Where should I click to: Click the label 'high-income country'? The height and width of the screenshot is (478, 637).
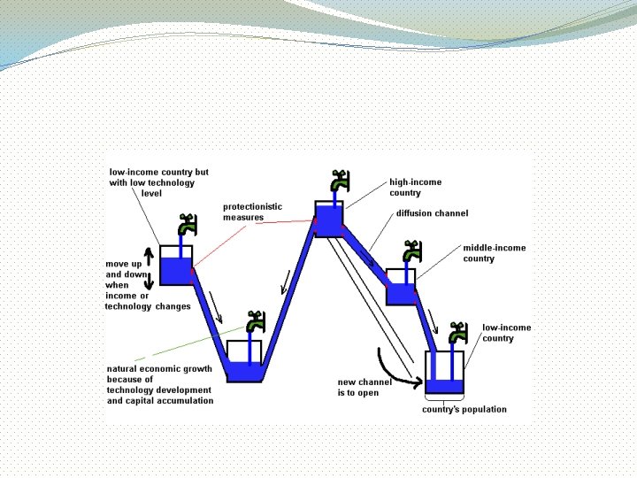click(x=415, y=187)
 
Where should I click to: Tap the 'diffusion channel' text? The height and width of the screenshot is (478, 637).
click(x=432, y=213)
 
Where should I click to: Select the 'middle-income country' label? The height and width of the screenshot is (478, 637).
click(x=494, y=253)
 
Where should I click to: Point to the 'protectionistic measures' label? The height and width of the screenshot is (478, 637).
click(x=252, y=212)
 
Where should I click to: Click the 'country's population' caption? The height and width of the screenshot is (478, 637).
click(x=464, y=409)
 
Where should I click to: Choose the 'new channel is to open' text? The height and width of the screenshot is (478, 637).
click(x=364, y=388)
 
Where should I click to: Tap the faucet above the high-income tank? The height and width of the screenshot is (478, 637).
click(x=338, y=181)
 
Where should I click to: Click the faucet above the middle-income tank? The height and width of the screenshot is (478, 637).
click(x=411, y=251)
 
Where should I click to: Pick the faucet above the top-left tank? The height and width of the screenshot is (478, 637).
click(x=186, y=225)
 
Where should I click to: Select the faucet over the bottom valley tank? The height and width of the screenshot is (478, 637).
click(x=256, y=322)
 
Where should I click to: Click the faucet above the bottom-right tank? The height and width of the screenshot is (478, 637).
click(x=457, y=333)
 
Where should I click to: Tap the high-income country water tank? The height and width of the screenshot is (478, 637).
click(x=329, y=219)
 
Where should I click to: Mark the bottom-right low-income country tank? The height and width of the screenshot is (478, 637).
click(x=444, y=373)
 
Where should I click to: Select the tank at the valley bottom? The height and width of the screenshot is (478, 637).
click(x=244, y=360)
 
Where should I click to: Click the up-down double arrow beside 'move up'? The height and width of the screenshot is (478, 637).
click(x=150, y=267)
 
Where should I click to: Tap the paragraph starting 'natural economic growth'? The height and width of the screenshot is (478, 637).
click(x=159, y=384)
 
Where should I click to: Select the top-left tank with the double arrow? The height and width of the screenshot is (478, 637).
click(x=176, y=265)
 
